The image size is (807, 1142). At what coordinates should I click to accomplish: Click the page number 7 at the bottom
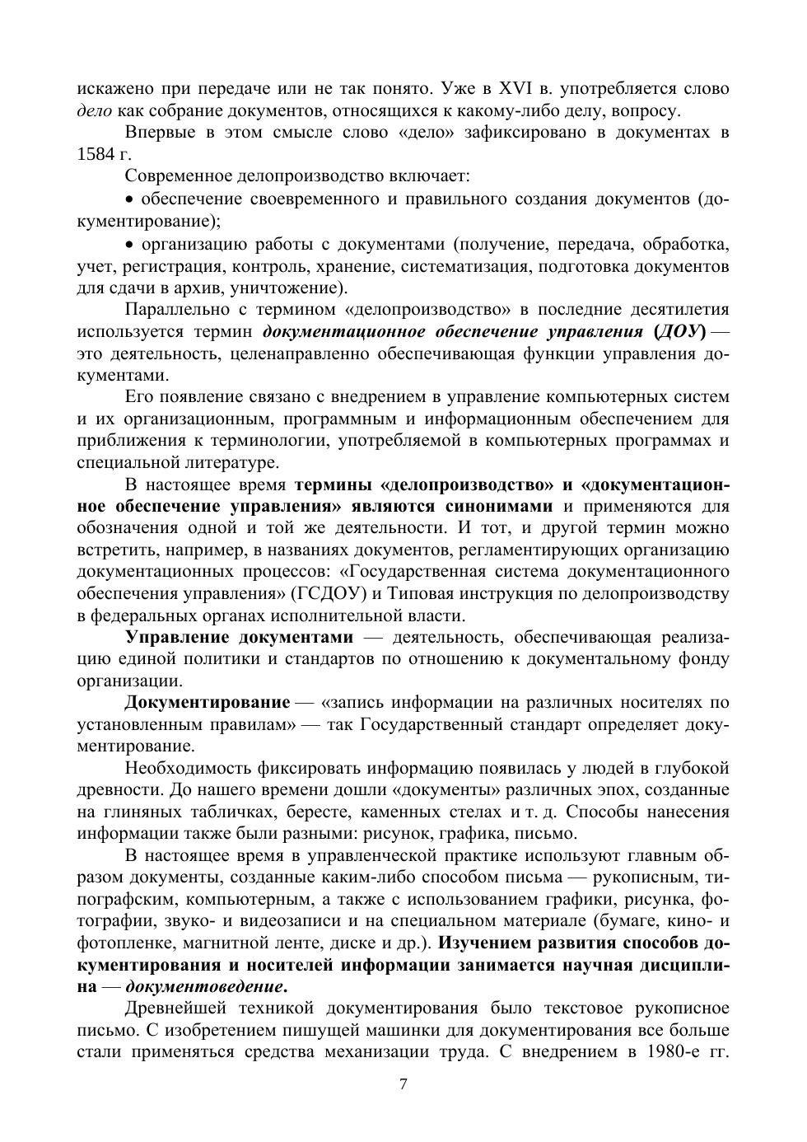coord(403,1084)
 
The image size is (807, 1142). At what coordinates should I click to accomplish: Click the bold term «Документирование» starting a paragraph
coord(208,703)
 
